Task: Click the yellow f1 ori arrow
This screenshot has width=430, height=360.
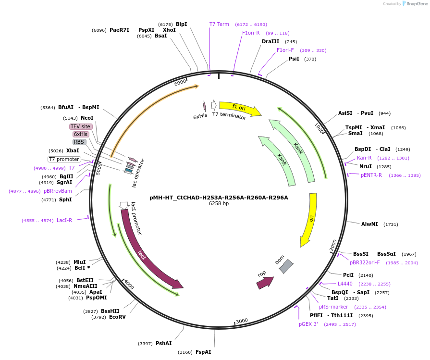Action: click(239, 108)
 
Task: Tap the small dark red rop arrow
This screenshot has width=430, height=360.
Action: click(264, 282)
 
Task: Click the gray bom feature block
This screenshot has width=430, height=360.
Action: click(286, 266)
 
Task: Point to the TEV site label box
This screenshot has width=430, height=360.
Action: click(80, 126)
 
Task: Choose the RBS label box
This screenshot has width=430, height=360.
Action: click(79, 142)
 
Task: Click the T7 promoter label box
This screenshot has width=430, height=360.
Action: click(64, 159)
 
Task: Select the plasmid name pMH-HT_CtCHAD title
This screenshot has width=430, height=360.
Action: click(219, 197)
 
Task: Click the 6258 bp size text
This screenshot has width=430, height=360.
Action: click(219, 204)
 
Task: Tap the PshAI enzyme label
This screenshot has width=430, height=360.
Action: click(163, 343)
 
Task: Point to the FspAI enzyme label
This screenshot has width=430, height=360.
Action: click(203, 352)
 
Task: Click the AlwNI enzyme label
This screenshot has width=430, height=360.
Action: click(369, 224)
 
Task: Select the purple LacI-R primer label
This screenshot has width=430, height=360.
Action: click(64, 220)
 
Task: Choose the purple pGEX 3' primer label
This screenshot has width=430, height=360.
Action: click(308, 324)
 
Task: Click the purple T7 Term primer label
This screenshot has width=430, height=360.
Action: click(219, 24)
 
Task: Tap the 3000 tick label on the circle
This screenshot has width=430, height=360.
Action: click(242, 321)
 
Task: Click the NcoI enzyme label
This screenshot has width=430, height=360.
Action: click(87, 118)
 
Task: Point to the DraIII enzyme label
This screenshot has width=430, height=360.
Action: click(270, 41)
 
